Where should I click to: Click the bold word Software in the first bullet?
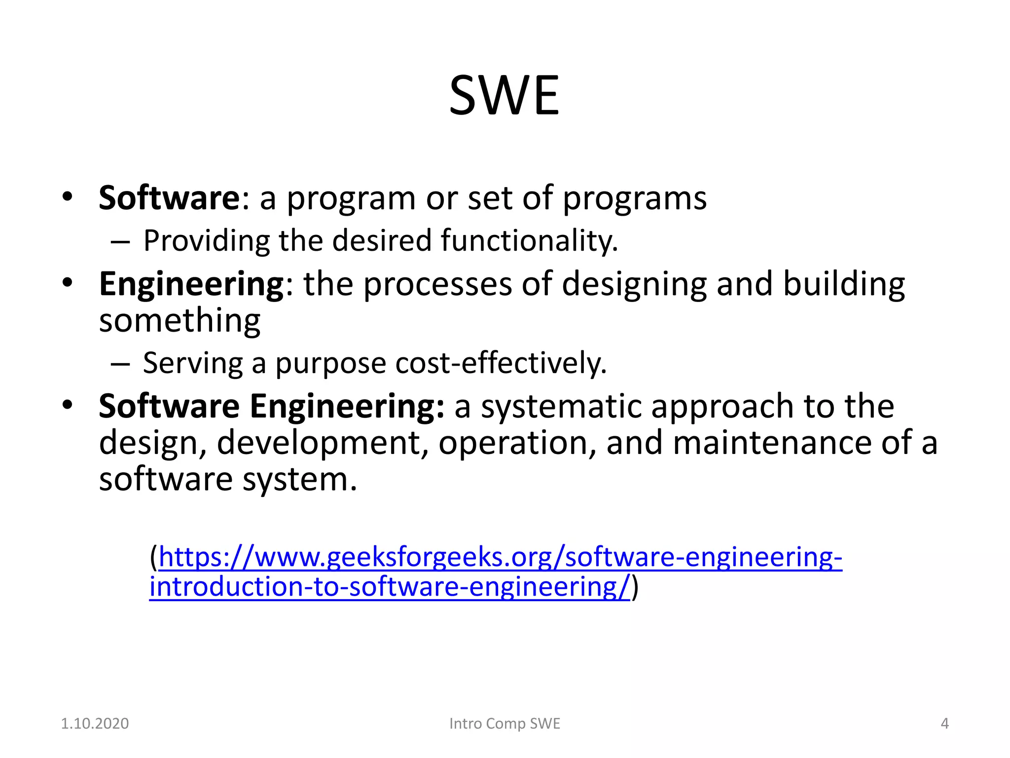169,198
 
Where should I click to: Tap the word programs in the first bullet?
634,199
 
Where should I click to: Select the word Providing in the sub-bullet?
206,241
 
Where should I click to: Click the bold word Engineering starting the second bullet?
191,285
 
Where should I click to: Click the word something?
180,321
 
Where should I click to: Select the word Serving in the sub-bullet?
193,364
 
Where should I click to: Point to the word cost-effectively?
501,364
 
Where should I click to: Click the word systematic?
561,407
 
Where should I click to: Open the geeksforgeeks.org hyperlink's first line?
500,558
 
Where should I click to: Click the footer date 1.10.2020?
95,723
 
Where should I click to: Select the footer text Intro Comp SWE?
505,723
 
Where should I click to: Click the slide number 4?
944,723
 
